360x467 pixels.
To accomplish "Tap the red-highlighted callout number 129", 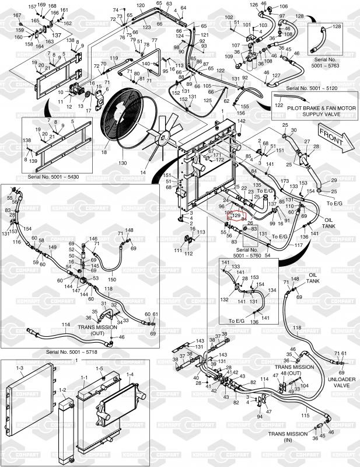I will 236,215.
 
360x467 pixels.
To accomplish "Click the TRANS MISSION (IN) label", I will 288,437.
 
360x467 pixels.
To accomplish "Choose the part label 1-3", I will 20,368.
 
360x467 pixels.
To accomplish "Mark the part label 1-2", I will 62,389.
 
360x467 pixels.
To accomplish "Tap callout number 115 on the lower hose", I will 305,416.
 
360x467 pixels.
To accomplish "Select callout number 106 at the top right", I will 284,7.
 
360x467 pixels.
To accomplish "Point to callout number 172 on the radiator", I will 219,159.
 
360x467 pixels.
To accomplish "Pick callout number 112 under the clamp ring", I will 188,253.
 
